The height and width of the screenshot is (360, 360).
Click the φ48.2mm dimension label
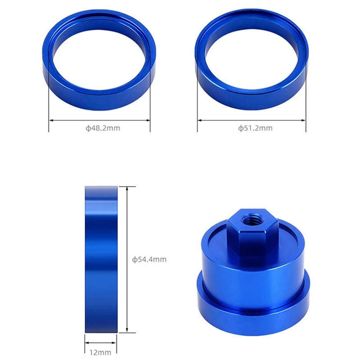point(103,128)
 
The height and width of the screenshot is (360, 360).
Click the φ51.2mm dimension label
point(255,128)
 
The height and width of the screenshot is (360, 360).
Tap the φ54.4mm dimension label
point(149,259)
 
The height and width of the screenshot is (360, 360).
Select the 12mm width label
point(101,353)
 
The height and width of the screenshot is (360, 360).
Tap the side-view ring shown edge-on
point(101,259)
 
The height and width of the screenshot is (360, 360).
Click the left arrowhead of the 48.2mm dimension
point(50,120)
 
